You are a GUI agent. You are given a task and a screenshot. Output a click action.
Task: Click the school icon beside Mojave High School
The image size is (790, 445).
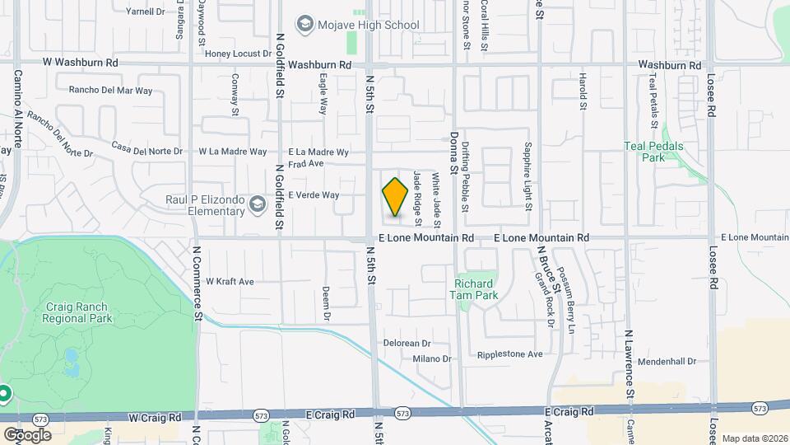pyautogui.click(x=305, y=24)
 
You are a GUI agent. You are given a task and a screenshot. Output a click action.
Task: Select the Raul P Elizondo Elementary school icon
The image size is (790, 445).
pyautogui.click(x=258, y=203)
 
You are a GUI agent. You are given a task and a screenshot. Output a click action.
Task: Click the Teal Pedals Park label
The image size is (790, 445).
pyautogui.click(x=653, y=152)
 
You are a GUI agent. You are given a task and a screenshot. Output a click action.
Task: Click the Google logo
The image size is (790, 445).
pyautogui.click(x=27, y=434)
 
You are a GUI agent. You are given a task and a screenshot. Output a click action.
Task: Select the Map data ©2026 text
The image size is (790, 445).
pyautogui.click(x=754, y=438)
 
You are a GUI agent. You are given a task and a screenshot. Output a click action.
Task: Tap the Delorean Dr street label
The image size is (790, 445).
pyautogui.click(x=407, y=343)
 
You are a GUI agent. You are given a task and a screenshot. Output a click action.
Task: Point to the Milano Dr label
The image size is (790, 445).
pyautogui.click(x=432, y=358)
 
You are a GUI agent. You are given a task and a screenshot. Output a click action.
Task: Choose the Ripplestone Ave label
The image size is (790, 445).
pyautogui.click(x=510, y=354)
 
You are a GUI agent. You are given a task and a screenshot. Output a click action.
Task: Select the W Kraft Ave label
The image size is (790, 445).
pyautogui.click(x=230, y=282)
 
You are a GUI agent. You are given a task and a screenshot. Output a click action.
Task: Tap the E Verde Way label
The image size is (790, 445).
pyautogui.click(x=314, y=195)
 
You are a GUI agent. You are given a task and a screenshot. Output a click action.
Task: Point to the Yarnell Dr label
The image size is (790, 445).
pyautogui.click(x=145, y=12)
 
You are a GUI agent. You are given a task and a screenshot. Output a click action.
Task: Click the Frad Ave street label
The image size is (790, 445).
pyautogui.click(x=305, y=163)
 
